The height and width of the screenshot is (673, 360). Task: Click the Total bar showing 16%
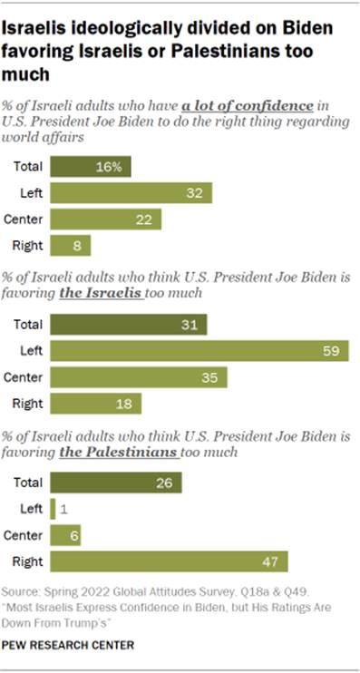[x=91, y=167]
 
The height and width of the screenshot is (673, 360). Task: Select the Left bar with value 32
[x=131, y=193]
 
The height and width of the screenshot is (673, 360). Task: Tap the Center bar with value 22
[x=106, y=219]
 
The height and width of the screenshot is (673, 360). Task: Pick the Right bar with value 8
[x=71, y=245]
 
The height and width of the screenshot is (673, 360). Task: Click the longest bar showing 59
[x=200, y=351]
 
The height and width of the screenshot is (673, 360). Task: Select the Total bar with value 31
[x=129, y=325]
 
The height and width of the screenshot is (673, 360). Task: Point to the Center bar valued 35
[x=139, y=377]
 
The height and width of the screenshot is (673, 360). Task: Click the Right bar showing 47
[x=170, y=561]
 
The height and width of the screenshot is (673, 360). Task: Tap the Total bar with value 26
[x=116, y=483]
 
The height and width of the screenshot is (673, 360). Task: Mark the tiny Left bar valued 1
[x=54, y=509]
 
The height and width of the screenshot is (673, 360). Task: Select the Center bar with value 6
[x=62, y=534]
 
